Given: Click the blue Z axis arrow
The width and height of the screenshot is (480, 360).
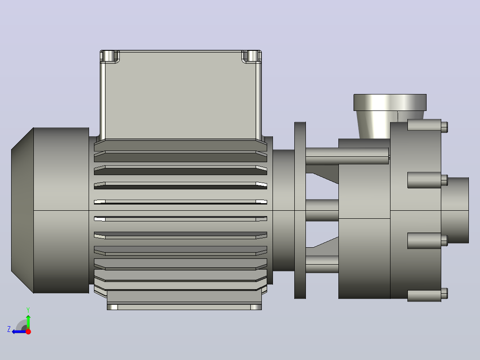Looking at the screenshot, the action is click(19, 332).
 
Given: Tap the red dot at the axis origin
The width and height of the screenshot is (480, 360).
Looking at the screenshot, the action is click(28, 331).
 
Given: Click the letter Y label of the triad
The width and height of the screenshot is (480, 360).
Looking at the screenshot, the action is click(28, 310).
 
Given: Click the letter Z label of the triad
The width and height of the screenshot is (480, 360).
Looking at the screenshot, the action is click(9, 329).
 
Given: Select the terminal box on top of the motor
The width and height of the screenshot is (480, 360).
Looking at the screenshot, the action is click(181, 95).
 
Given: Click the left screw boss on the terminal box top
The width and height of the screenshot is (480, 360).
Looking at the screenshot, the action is click(109, 56).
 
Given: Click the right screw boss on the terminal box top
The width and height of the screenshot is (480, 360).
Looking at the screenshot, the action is click(252, 56).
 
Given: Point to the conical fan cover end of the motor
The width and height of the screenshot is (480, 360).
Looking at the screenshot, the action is click(22, 210).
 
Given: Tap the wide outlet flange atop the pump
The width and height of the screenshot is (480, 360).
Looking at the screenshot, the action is click(390, 102).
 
